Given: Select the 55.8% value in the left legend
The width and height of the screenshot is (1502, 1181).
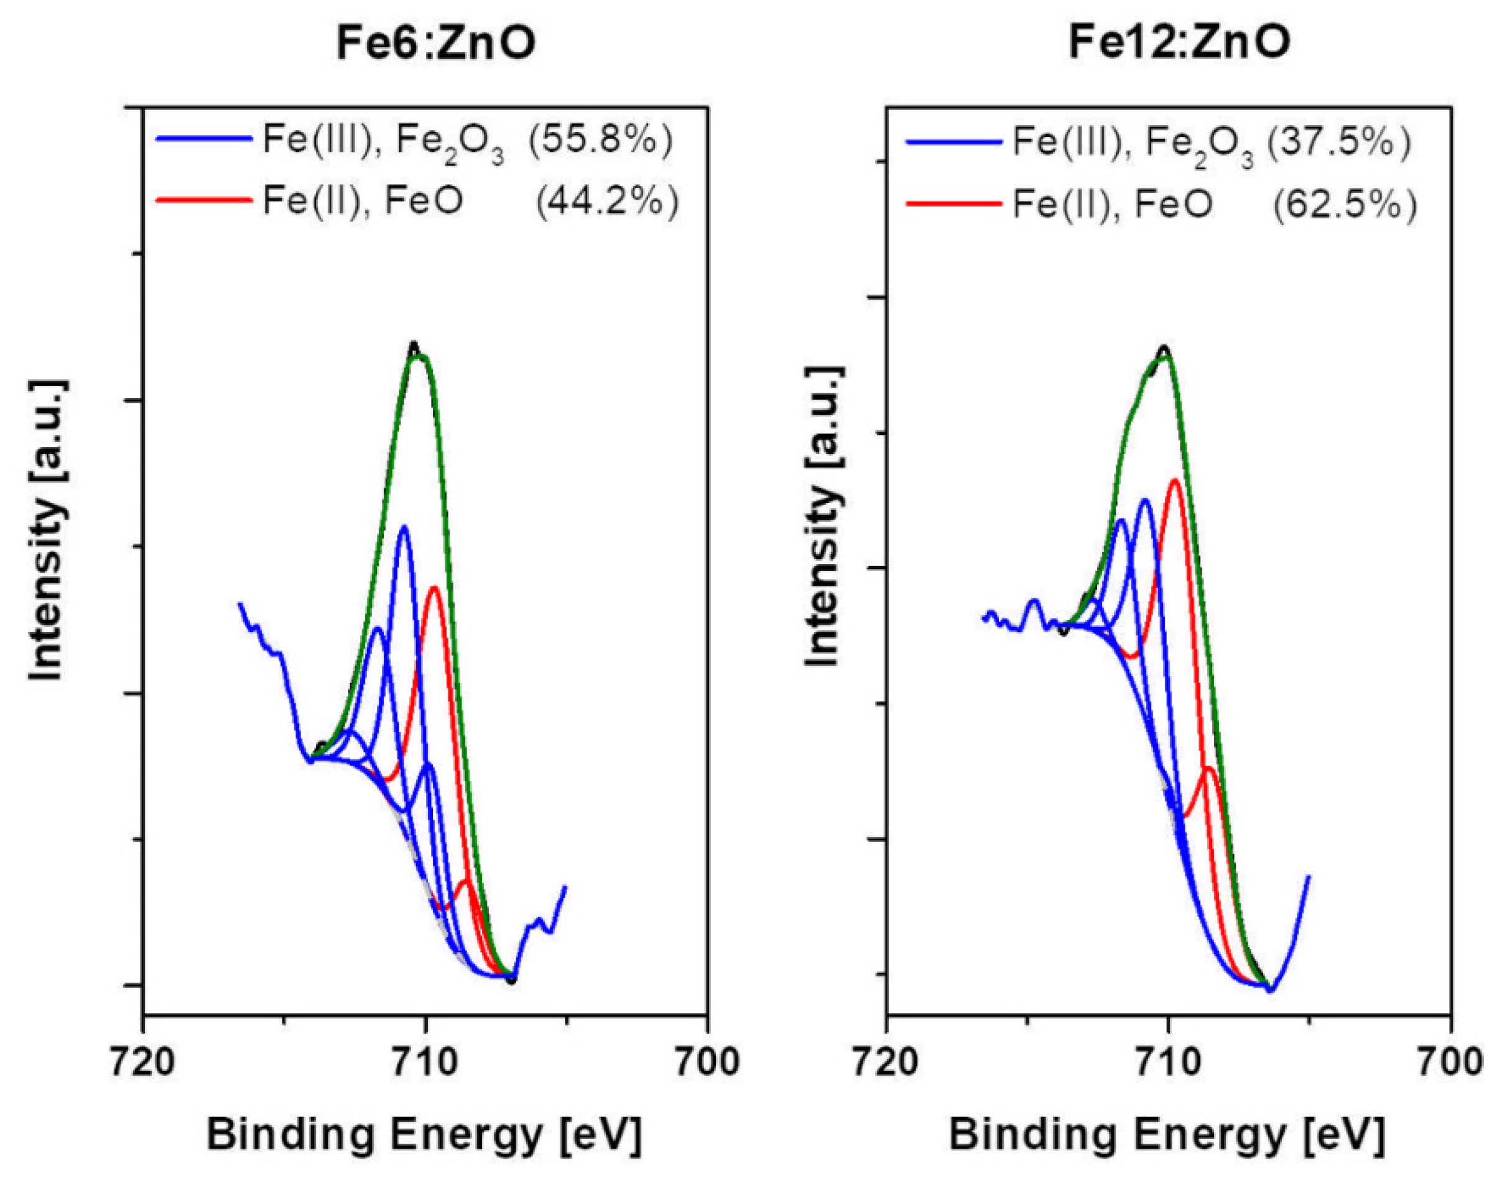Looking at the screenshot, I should click(x=600, y=142).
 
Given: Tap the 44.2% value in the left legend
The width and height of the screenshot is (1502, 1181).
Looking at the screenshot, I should click(x=607, y=202).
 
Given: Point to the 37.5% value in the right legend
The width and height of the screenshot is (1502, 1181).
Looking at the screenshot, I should click(x=1340, y=144).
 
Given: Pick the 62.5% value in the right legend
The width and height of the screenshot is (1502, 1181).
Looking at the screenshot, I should click(x=1345, y=205).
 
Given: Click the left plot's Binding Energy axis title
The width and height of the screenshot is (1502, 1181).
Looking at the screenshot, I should click(x=425, y=1135).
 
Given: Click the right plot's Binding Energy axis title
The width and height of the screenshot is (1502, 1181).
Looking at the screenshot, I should click(x=1167, y=1135).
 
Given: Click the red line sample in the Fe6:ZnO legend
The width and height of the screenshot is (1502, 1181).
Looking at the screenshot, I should click(x=204, y=200).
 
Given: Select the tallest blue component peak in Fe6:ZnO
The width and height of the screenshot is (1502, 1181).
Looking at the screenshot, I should click(x=404, y=527).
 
